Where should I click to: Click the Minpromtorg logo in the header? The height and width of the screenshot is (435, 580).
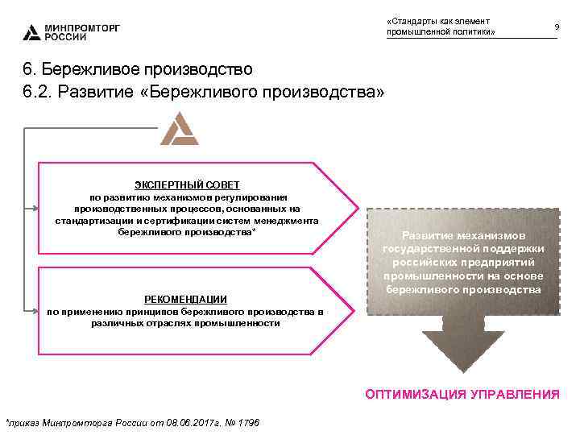click(31, 32)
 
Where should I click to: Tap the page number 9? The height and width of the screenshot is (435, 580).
click(557, 27)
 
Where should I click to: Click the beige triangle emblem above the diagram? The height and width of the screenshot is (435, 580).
click(179, 130)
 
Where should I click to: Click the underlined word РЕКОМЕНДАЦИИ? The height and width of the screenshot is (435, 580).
click(185, 299)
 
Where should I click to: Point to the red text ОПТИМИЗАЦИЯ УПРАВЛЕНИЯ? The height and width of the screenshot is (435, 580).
click(462, 394)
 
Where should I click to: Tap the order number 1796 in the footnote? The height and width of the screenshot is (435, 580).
click(247, 423)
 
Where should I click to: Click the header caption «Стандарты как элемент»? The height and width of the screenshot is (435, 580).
click(439, 20)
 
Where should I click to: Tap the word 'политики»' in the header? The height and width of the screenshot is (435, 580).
click(474, 32)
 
